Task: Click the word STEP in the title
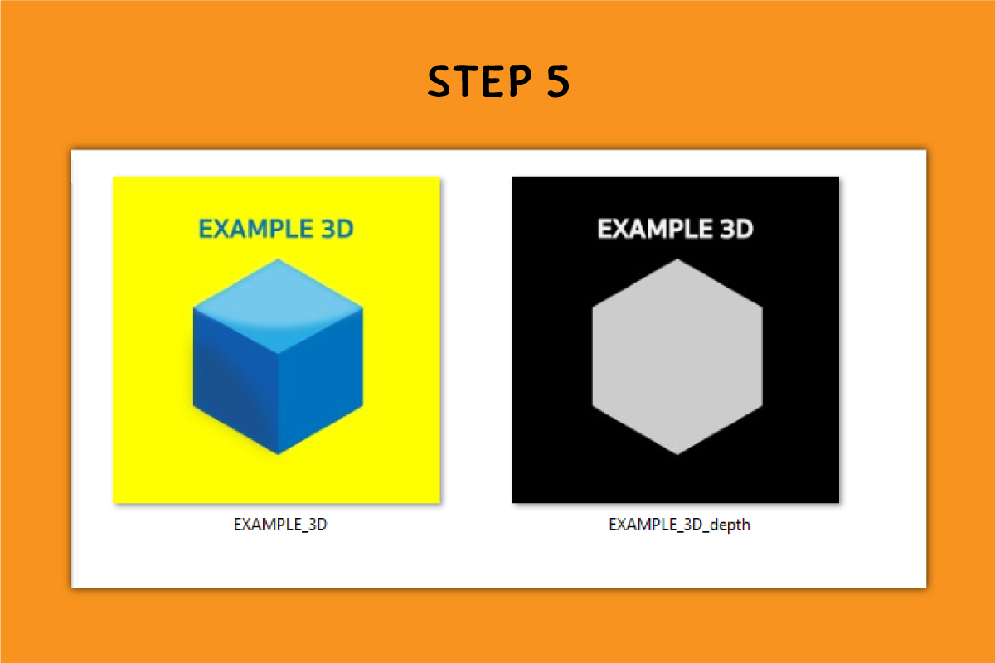click(x=480, y=81)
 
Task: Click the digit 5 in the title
click(x=558, y=81)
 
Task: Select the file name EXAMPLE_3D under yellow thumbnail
click(x=280, y=525)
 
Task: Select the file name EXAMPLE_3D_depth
click(x=679, y=525)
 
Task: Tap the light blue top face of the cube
click(x=278, y=307)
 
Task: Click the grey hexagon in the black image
click(x=677, y=356)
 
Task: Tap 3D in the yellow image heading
click(x=337, y=229)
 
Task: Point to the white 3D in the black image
click(x=736, y=229)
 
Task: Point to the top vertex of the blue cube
click(x=278, y=259)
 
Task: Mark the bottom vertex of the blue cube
click(x=278, y=454)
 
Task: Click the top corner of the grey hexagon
click(x=677, y=259)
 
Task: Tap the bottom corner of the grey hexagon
click(x=677, y=454)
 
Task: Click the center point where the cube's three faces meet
click(x=278, y=354)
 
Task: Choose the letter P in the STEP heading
click(x=520, y=81)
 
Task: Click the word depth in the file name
click(x=730, y=525)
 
